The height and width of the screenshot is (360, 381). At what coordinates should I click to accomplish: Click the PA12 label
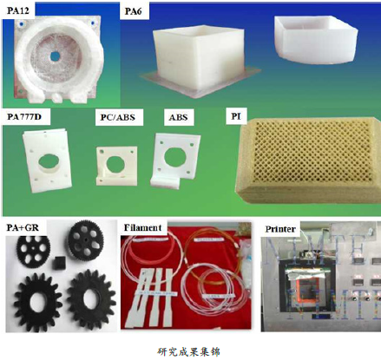pos(18,10)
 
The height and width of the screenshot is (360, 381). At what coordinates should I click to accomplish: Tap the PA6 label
pos(133,11)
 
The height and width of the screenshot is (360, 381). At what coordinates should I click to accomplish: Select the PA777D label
pos(24,117)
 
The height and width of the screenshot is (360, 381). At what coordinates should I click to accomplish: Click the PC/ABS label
pos(118,117)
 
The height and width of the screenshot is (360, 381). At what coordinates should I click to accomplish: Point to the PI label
pos(235,116)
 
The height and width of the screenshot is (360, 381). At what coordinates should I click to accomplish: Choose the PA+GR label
pos(23,227)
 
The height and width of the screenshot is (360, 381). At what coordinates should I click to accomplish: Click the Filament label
pos(142,227)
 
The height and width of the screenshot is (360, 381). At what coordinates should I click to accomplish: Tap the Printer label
pos(280,229)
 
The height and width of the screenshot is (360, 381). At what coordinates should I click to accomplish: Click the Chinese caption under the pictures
pos(189,351)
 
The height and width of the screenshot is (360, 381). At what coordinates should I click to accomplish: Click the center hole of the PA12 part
pos(55,56)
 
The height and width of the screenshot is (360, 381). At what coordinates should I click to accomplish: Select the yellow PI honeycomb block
pos(308,160)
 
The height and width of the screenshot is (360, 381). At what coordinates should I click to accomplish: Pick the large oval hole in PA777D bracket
pos(48,160)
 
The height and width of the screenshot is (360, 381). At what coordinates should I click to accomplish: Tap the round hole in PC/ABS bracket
pos(115,163)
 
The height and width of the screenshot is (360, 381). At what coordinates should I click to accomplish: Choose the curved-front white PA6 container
pos(316,41)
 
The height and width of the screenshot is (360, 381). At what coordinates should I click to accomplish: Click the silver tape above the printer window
pos(306,273)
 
